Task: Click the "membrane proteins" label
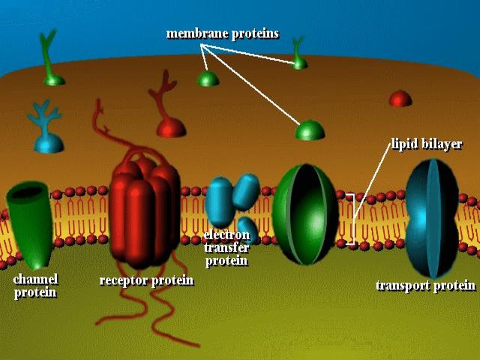coord(222,33)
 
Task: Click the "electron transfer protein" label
coord(226,247)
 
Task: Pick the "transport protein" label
coord(425,285)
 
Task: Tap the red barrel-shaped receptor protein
coord(145,210)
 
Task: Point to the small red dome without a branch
coord(400,99)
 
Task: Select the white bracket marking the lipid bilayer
coord(352,219)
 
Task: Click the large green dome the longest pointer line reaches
coord(310,130)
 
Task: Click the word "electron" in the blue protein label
coord(226,234)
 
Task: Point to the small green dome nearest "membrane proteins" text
coord(208,79)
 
